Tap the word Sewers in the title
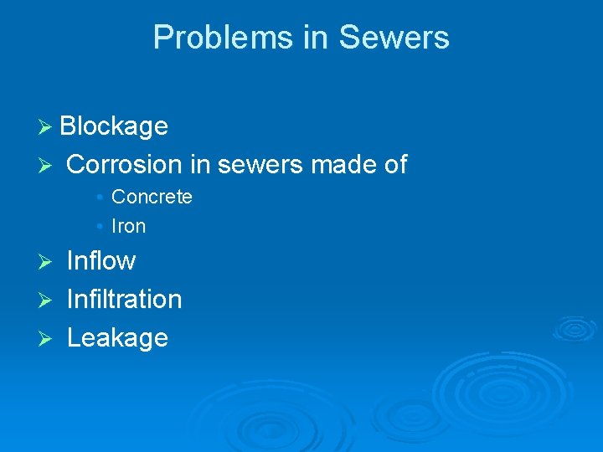tap(394, 38)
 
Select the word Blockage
tap(114, 126)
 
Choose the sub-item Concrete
tap(152, 197)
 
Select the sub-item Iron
tap(128, 226)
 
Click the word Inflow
tap(100, 260)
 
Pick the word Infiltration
tap(124, 299)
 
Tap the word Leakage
tap(117, 337)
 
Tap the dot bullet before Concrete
tap(100, 198)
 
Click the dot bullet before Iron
tap(100, 227)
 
